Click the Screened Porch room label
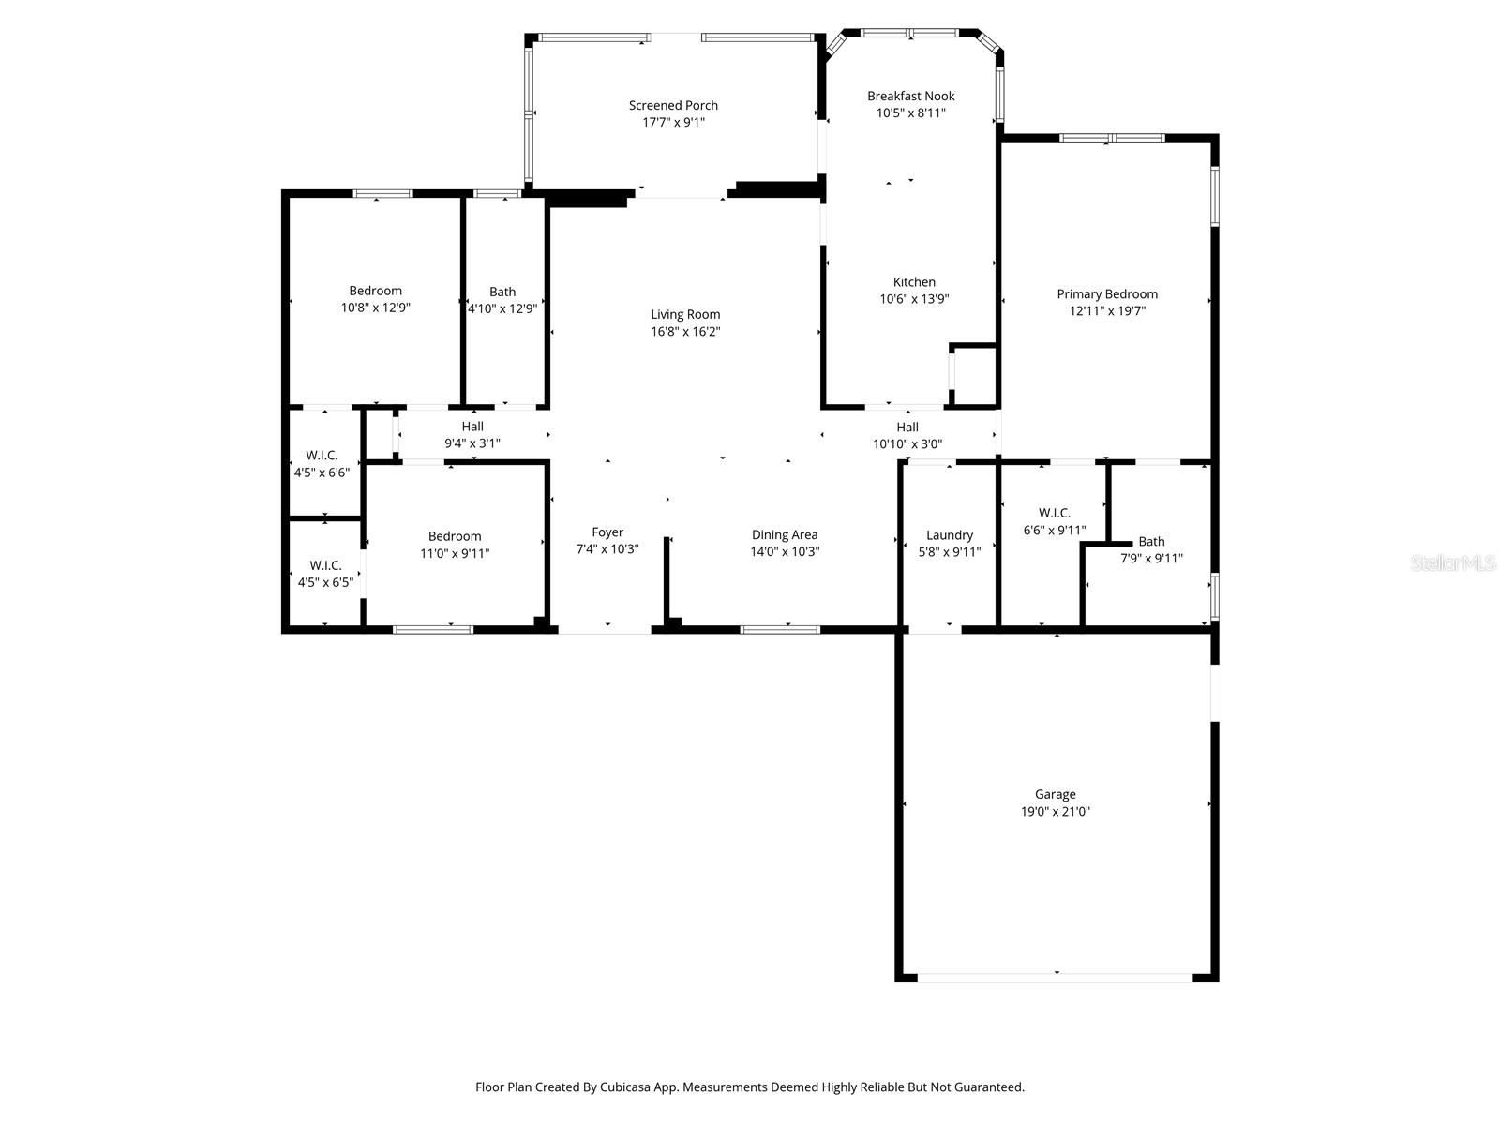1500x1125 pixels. [x=673, y=105]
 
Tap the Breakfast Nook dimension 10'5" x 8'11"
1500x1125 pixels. [x=910, y=112]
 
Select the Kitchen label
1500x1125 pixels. [x=914, y=281]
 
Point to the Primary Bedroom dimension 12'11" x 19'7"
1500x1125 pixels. [x=1107, y=310]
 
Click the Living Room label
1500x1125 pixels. [x=685, y=314]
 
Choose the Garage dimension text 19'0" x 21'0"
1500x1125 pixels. [x=1055, y=811]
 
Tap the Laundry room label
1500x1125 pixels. [x=950, y=534]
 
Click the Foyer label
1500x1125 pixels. [x=607, y=532]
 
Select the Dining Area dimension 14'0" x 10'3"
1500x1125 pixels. [x=785, y=551]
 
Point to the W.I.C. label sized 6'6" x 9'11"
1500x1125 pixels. [x=1055, y=513]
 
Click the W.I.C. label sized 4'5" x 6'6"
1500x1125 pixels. [x=322, y=455]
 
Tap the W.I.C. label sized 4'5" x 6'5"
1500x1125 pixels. [x=325, y=565]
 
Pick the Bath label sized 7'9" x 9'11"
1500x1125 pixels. [x=1151, y=541]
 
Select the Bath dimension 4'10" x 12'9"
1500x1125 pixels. [x=502, y=308]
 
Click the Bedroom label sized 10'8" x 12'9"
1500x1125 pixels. [x=375, y=291]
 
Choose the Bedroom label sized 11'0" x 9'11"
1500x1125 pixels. [x=455, y=536]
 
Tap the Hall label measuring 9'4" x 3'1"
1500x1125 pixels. [x=472, y=427]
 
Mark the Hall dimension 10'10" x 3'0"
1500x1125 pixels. [x=907, y=443]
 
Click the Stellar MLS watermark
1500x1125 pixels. [x=1453, y=563]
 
